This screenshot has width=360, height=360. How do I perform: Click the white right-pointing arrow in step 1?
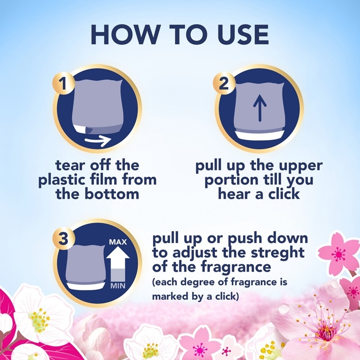click(x=99, y=141)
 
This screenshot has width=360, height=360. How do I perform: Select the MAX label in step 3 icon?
click(x=117, y=242)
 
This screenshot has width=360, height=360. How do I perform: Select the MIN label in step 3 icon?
click(x=117, y=286)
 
